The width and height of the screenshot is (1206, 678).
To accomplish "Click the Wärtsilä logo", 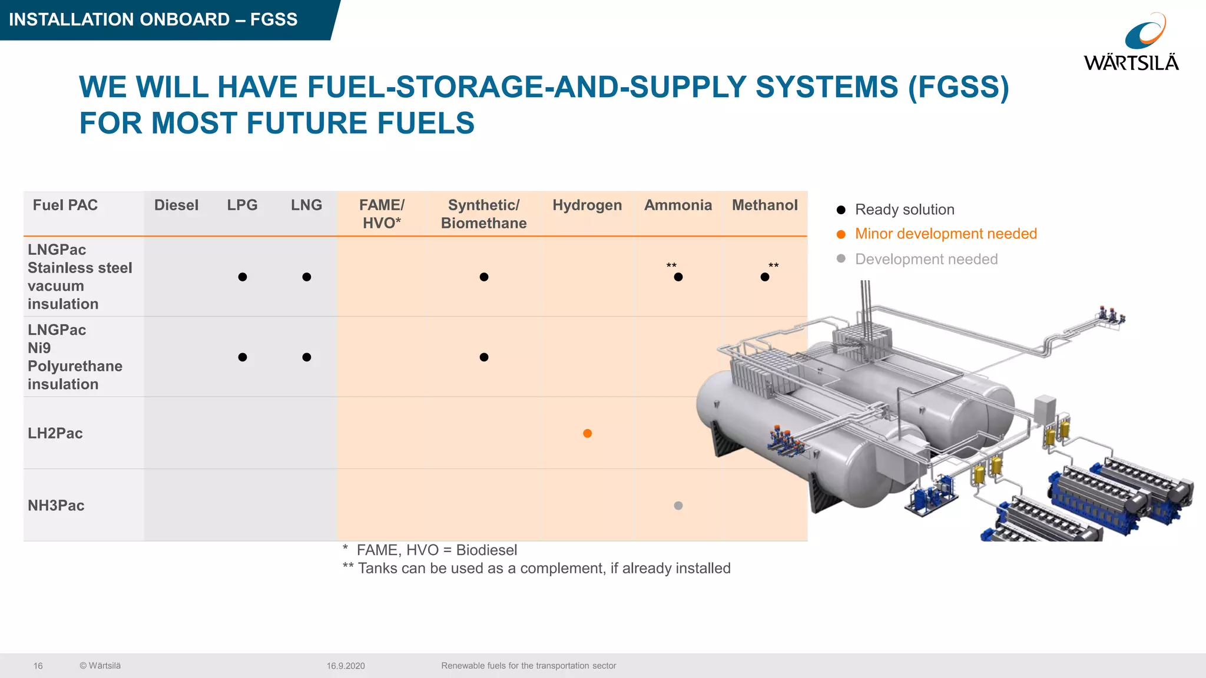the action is tap(1131, 42).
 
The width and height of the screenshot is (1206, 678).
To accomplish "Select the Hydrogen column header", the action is tap(587, 205).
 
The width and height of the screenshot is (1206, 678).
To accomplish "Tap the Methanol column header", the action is tap(764, 205).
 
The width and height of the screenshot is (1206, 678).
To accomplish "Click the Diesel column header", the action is tap(176, 205).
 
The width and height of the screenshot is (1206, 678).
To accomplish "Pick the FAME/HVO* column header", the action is tap(382, 214).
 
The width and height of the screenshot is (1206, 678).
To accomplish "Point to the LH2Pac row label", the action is tap(55, 433).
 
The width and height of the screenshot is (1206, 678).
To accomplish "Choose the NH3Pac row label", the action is tap(56, 506).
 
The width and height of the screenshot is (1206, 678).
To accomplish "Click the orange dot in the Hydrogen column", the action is tap(587, 434).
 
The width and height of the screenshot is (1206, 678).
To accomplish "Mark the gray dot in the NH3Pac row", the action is tap(678, 506).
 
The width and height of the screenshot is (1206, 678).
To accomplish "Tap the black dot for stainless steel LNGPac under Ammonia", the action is tap(678, 277).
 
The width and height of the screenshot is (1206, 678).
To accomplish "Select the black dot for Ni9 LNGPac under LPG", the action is tap(243, 357).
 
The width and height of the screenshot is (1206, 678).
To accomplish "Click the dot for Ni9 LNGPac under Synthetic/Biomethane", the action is tap(484, 357).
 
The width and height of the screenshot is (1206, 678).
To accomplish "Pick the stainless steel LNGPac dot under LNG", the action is tap(307, 277).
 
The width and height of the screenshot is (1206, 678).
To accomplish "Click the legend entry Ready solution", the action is tap(904, 210).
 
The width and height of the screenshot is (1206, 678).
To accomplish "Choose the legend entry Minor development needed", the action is tap(945, 234).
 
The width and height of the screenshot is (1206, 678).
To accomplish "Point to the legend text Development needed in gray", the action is tap(926, 259).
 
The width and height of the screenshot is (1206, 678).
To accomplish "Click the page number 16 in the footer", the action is tap(38, 666).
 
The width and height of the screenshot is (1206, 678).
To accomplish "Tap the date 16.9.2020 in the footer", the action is tap(346, 666).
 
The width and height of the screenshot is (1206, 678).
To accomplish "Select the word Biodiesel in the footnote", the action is tap(486, 550).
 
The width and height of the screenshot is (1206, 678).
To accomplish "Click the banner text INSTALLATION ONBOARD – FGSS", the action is tap(153, 19).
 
